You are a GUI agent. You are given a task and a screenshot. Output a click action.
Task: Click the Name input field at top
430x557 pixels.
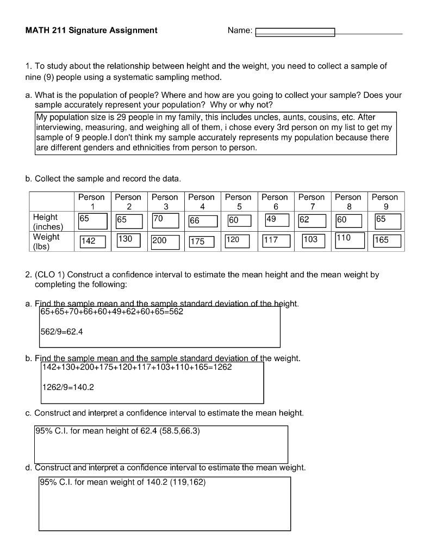coord(295,32)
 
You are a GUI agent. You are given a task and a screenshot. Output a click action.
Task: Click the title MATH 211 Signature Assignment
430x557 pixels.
coord(91,30)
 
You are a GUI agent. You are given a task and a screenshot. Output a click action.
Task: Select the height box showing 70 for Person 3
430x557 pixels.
coord(165,220)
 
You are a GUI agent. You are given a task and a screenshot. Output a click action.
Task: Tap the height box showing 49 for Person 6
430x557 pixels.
coord(277,220)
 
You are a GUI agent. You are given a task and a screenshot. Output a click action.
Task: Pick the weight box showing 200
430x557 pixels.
coord(165,241)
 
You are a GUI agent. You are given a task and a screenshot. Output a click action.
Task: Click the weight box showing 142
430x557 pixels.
coord(92,241)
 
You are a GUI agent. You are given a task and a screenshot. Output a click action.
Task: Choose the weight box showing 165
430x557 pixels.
coord(387,240)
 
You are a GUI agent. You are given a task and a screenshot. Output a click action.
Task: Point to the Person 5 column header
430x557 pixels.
coord(238,202)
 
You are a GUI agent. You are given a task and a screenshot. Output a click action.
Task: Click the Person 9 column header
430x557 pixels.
coord(385,202)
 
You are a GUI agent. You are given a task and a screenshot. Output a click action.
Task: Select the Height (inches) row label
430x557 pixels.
coord(48,221)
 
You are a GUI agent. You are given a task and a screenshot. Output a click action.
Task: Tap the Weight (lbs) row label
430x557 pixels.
coord(46,242)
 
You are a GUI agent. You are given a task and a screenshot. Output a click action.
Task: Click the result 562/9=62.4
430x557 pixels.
coord(61,332)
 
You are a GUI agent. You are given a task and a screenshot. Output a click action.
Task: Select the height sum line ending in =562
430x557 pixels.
coord(111,312)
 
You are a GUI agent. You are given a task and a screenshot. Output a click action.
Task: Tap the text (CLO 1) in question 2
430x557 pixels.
coord(49,275)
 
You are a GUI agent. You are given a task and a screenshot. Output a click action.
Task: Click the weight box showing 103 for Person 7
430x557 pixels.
coord(312,240)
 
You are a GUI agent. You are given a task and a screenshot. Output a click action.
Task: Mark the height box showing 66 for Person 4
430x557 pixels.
coord(202,221)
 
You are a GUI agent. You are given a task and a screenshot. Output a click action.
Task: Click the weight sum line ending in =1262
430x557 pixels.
coord(137,367)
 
